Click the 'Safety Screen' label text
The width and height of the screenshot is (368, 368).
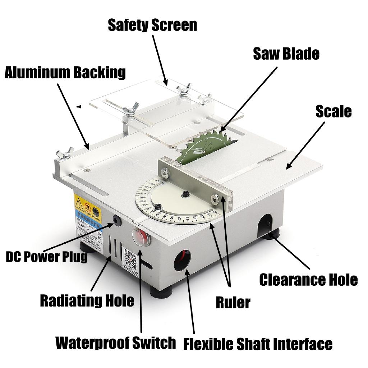pyautogui.click(x=152, y=25)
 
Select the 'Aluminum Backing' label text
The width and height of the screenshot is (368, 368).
pyautogui.click(x=65, y=72)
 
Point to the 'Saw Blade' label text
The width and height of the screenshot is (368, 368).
pyautogui.click(x=286, y=54)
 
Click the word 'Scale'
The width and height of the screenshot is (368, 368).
pyautogui.click(x=333, y=111)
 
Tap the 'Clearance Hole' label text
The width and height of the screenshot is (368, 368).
pyautogui.click(x=308, y=279)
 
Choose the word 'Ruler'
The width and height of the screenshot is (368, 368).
pyautogui.click(x=233, y=302)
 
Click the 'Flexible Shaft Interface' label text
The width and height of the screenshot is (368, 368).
pyautogui.click(x=258, y=344)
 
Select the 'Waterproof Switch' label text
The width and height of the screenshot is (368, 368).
pyautogui.click(x=116, y=343)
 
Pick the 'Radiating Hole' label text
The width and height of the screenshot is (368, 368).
pyautogui.click(x=87, y=300)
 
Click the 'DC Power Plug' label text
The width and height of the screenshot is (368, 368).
pyautogui.click(x=46, y=257)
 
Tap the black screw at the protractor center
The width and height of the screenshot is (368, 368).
pyautogui.click(x=185, y=194)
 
